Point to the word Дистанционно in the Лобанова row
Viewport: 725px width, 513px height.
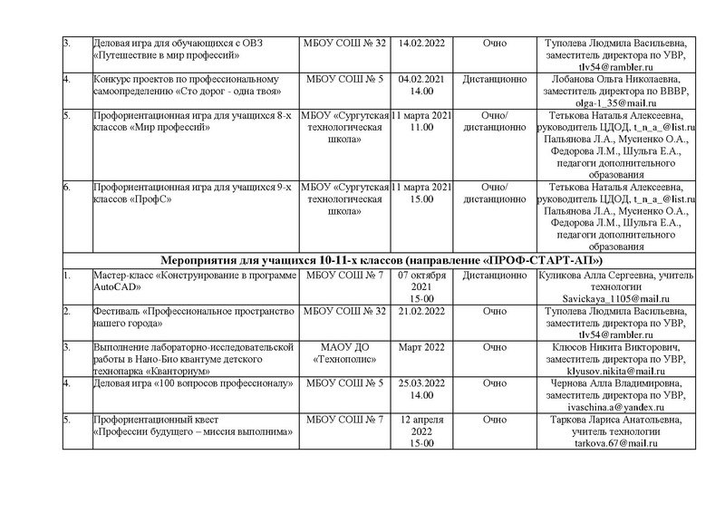click(494, 80)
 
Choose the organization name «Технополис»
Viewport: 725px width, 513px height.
click(341, 360)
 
